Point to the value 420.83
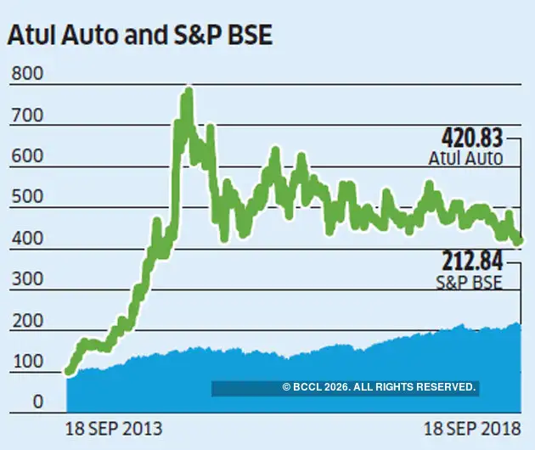tap(472, 138)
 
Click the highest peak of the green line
tap(188, 91)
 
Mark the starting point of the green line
tap(69, 370)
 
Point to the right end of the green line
tap(519, 240)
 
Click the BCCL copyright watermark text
tap(379, 387)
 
